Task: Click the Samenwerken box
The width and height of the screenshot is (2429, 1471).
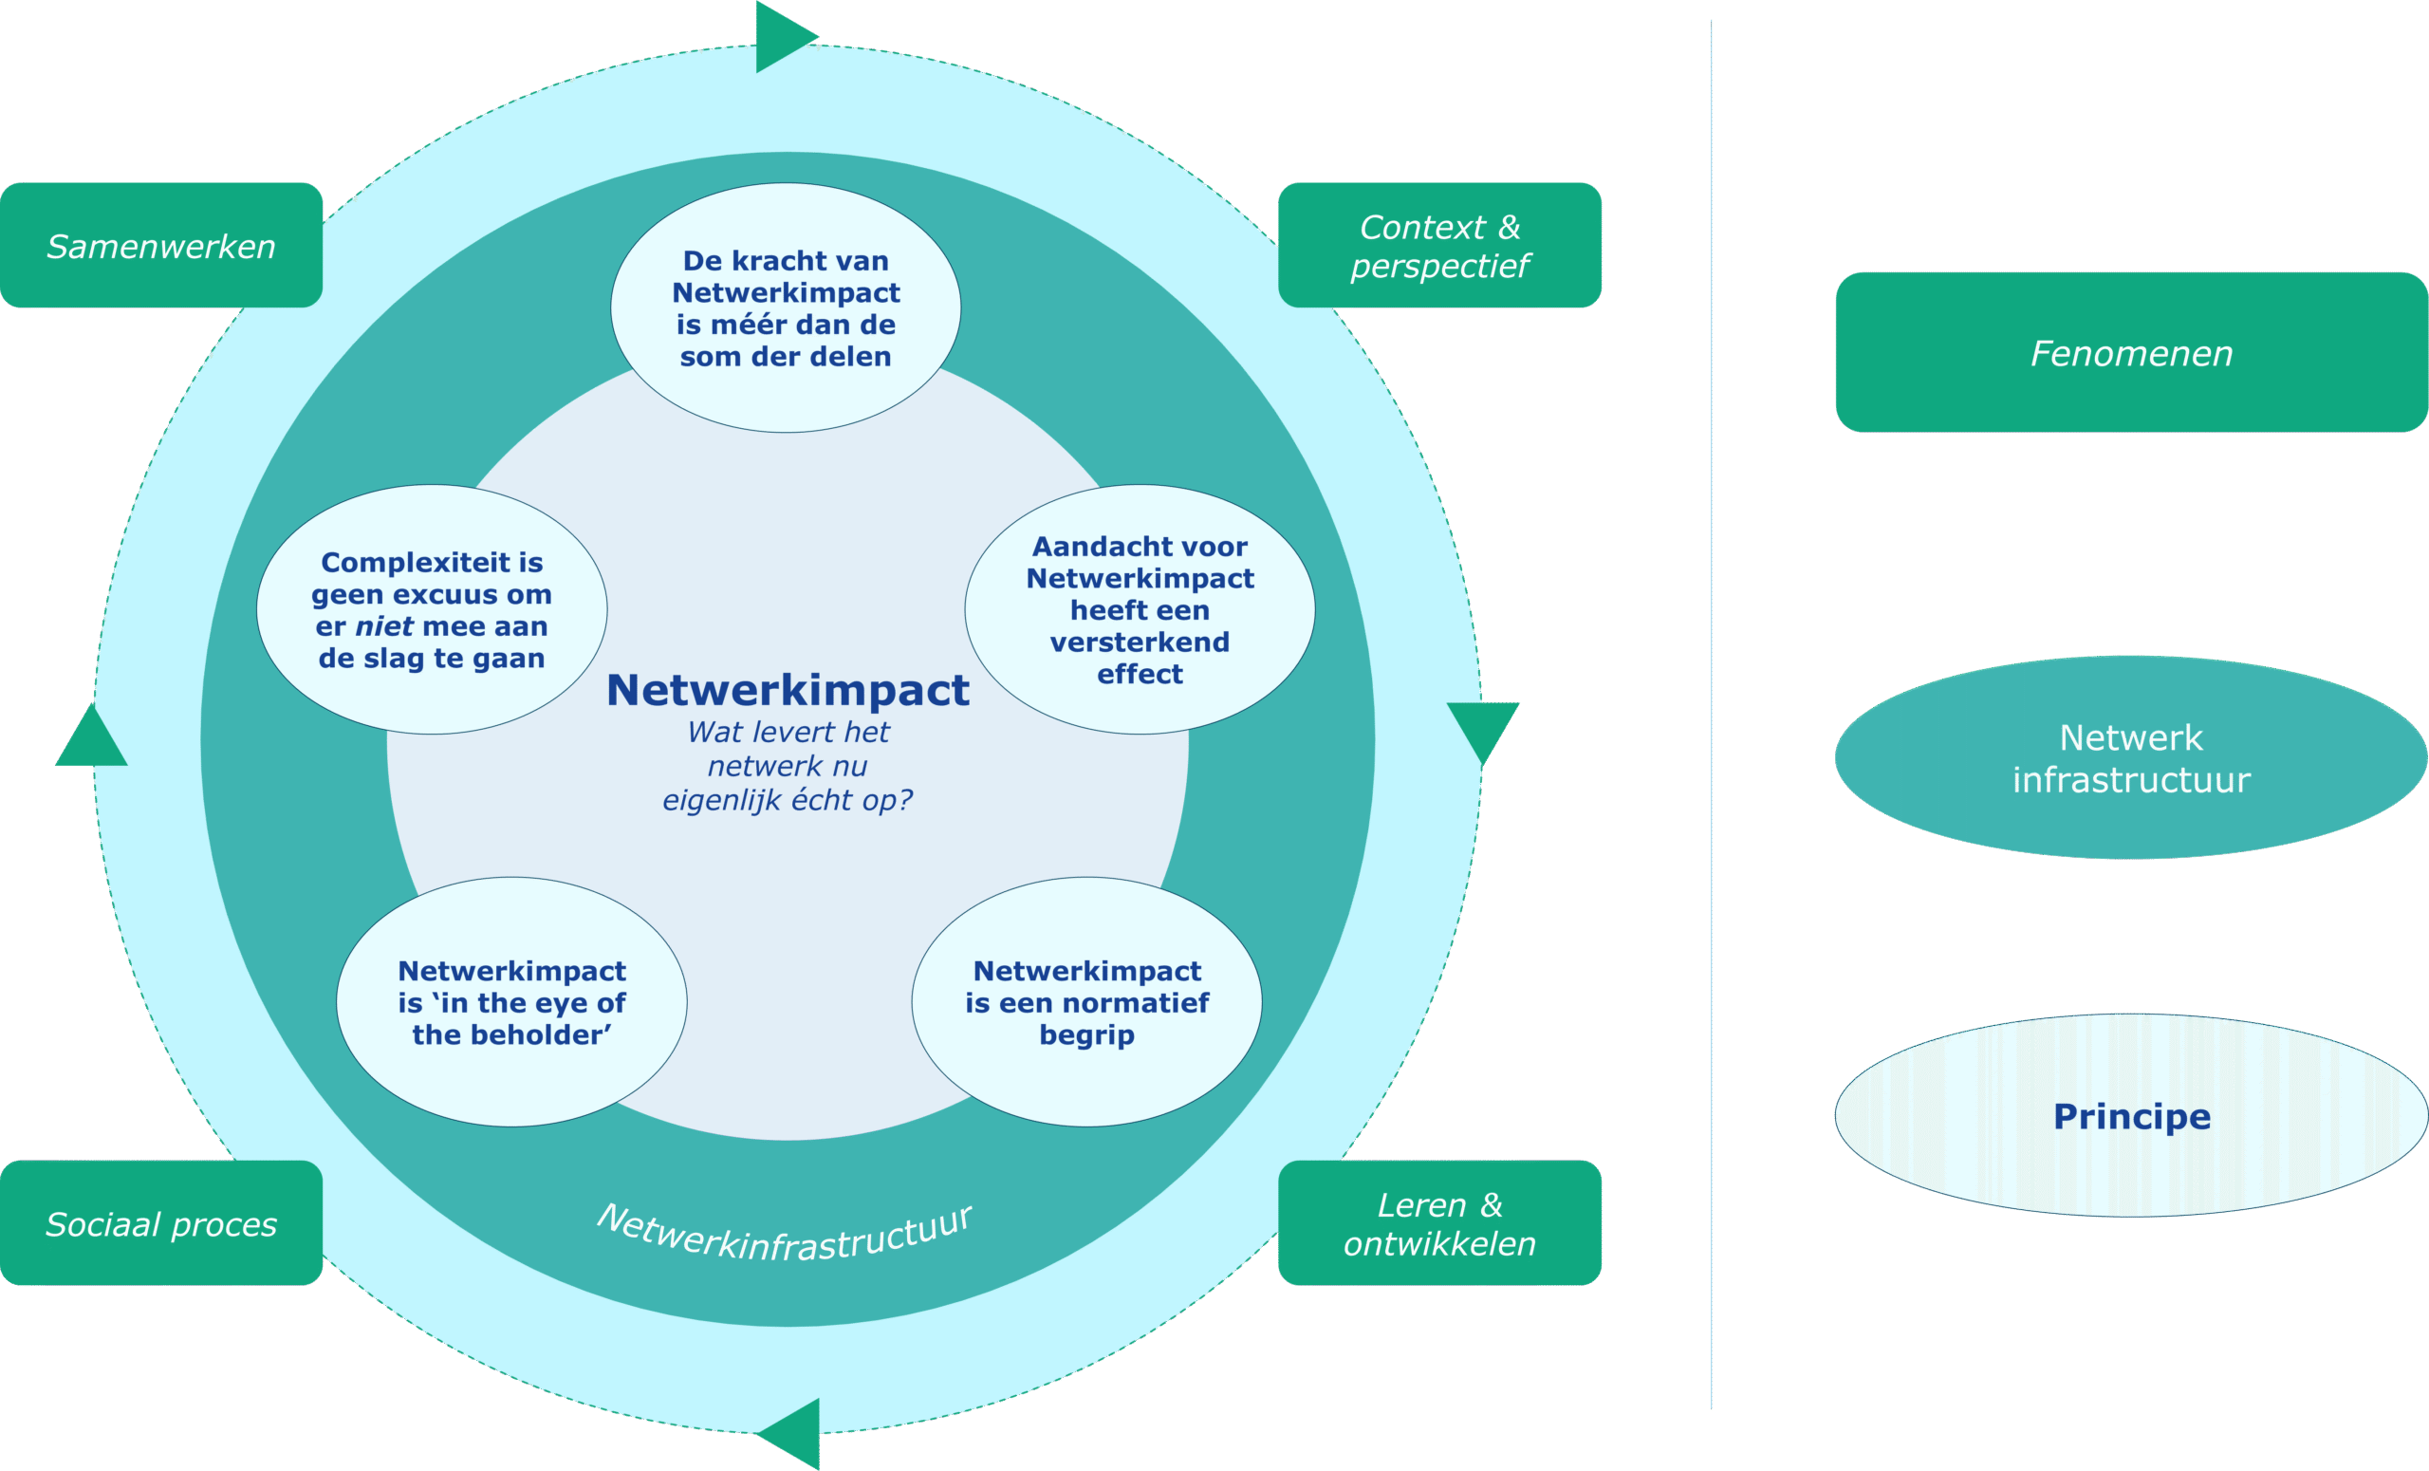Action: coord(160,246)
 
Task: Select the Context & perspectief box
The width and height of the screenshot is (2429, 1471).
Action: coord(1439,246)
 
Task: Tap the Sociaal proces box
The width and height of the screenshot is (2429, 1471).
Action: coord(160,1223)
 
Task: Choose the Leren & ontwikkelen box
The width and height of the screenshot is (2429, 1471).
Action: coord(1439,1223)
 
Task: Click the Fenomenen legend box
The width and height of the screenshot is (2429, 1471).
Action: coord(2130,353)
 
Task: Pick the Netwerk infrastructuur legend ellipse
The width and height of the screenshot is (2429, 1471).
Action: coord(2130,757)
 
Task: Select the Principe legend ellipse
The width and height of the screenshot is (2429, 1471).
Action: coord(2130,1116)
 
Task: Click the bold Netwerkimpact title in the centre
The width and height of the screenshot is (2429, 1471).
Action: coord(788,690)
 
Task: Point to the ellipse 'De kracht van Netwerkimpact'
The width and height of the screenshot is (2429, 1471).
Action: coord(786,307)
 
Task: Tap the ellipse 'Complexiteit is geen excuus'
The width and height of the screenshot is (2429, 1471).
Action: coord(432,609)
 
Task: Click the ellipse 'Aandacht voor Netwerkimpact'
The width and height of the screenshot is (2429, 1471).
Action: coord(1140,609)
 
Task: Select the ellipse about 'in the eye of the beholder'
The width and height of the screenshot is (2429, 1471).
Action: coord(511,1001)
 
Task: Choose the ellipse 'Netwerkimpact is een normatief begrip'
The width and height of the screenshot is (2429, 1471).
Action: coord(1086,1001)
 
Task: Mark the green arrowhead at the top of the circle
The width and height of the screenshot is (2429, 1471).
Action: coord(781,36)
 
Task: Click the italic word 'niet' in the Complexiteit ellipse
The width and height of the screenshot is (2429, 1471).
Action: coord(383,626)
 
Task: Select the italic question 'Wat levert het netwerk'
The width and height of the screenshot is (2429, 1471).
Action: coord(788,766)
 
